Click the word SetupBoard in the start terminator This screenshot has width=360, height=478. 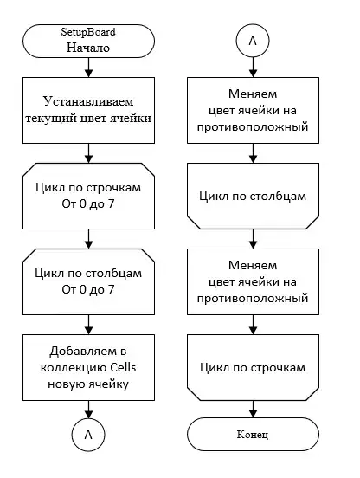pyautogui.click(x=88, y=31)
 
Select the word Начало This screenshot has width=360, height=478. pyautogui.click(x=88, y=48)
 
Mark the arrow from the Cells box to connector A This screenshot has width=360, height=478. pyautogui.click(x=88, y=409)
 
